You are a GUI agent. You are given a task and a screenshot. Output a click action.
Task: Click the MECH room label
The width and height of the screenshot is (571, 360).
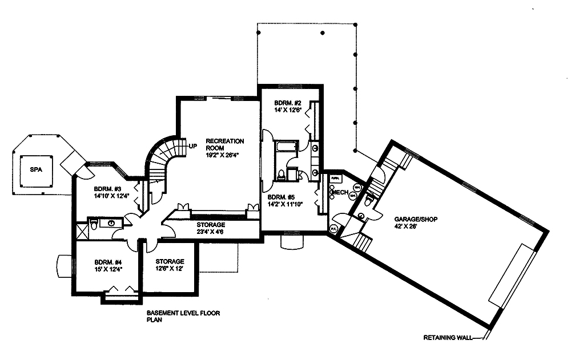tap(340, 193)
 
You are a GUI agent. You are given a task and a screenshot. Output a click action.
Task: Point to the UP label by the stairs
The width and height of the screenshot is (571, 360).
tap(193, 145)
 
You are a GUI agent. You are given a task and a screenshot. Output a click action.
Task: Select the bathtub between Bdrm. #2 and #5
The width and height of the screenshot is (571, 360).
tap(284, 147)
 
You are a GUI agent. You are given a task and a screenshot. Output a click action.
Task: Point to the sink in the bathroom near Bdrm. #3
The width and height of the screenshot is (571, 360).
tap(112, 223)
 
